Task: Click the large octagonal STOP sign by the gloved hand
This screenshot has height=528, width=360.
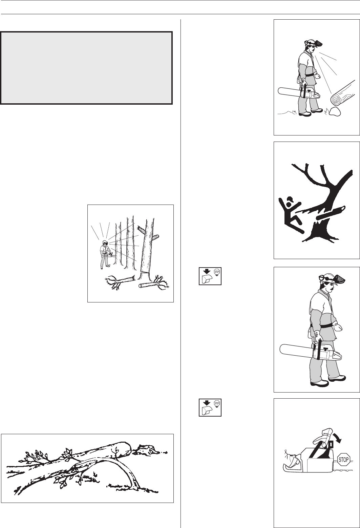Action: click(343, 459)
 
